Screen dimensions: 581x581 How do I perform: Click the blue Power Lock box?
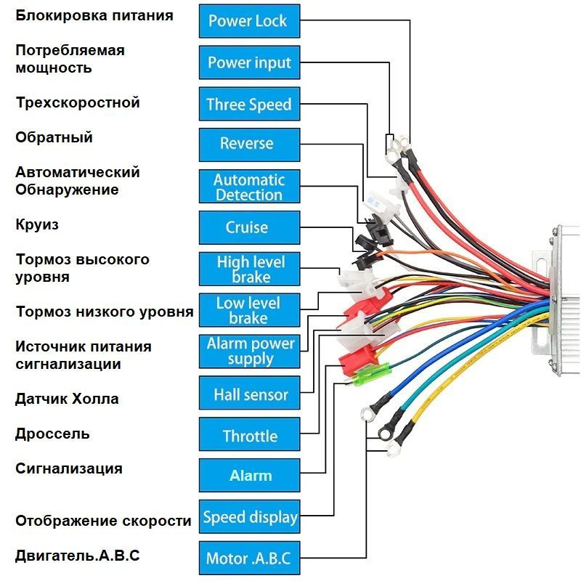click(x=249, y=20)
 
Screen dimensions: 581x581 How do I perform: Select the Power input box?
click(x=249, y=62)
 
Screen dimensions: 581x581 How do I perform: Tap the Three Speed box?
click(x=249, y=104)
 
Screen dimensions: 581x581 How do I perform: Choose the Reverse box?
click(x=249, y=144)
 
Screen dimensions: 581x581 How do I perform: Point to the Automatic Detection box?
click(x=249, y=187)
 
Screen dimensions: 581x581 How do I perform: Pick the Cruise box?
click(x=249, y=227)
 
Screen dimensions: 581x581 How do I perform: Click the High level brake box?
click(x=249, y=269)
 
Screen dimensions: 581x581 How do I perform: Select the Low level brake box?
click(x=249, y=310)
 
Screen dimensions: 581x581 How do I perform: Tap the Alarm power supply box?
click(x=249, y=352)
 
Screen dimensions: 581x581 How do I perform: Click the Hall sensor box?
click(x=249, y=395)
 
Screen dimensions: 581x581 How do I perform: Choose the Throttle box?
click(x=249, y=436)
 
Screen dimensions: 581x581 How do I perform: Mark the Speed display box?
click(x=249, y=517)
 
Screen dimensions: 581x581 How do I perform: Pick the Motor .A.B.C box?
click(x=249, y=558)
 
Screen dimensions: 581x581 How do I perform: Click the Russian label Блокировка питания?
click(x=94, y=15)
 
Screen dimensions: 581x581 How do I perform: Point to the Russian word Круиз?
click(x=37, y=224)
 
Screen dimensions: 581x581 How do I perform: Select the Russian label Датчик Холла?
click(x=67, y=399)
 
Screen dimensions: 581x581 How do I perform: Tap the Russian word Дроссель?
click(x=52, y=434)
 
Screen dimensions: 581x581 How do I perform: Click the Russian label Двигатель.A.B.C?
click(x=77, y=556)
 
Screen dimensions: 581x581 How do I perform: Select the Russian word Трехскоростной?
click(x=78, y=102)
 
